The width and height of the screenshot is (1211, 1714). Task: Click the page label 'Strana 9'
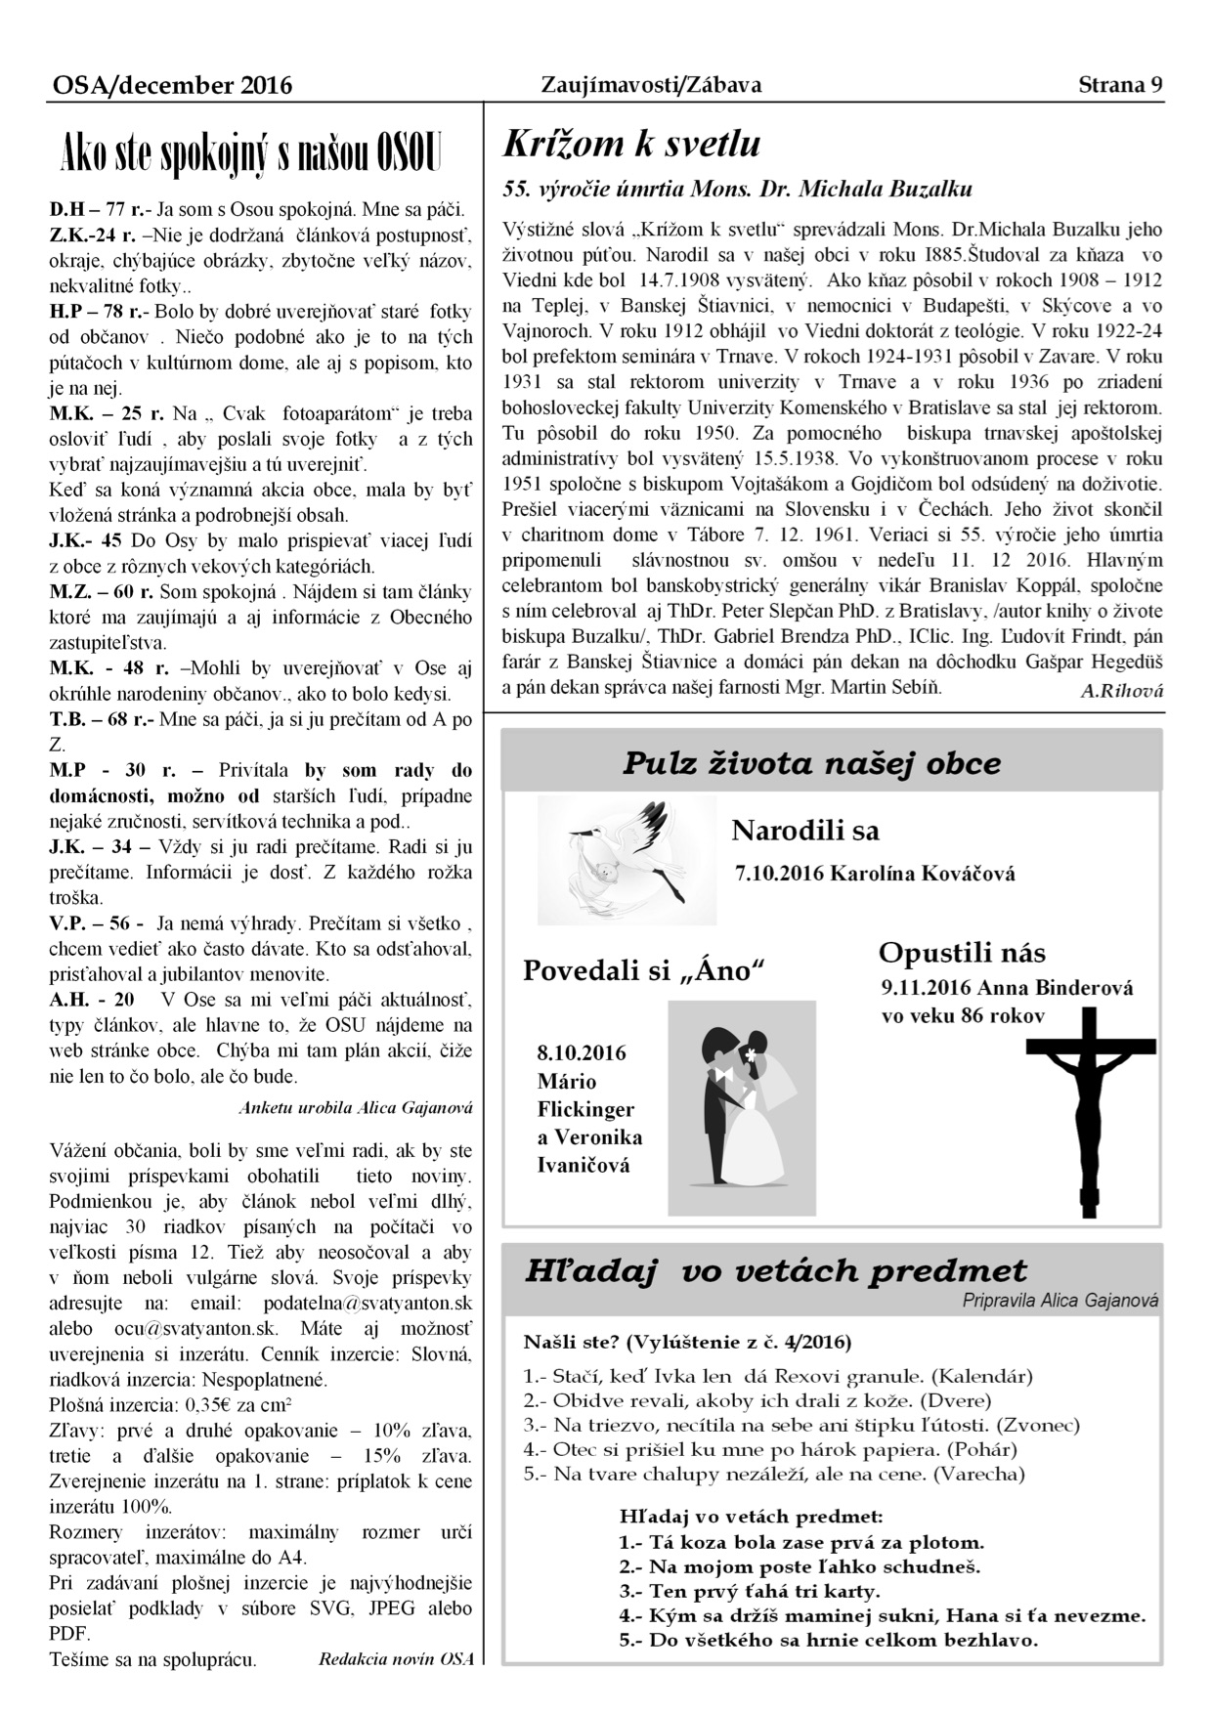[x=1120, y=85]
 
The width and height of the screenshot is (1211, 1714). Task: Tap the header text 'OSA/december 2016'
[x=172, y=86]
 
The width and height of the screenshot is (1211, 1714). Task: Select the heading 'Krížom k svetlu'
[x=631, y=145]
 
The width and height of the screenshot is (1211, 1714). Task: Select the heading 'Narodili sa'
[x=805, y=831]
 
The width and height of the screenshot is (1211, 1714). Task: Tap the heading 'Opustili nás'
[x=962, y=952]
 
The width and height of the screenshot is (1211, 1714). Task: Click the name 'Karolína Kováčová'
[x=922, y=874]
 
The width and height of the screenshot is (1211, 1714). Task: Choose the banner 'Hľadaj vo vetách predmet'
[x=776, y=1271]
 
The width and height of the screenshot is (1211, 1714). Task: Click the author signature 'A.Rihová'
[x=1122, y=691]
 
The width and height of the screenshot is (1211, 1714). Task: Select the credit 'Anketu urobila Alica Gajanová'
[x=356, y=1107]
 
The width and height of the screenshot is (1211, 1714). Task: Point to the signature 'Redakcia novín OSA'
[x=396, y=1659]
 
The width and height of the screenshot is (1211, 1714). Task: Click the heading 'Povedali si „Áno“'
[x=642, y=971]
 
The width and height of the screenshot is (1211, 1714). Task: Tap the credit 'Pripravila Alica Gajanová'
[x=1060, y=1301]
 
